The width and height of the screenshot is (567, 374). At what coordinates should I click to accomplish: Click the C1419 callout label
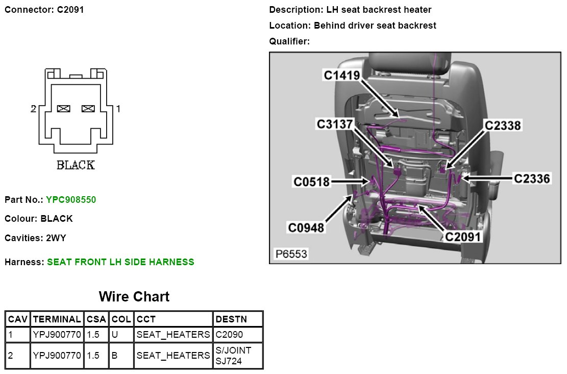click(342, 75)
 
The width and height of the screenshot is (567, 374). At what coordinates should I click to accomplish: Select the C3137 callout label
click(335, 124)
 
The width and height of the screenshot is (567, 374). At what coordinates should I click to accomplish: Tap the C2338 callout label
click(503, 125)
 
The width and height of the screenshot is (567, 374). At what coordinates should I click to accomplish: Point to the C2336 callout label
click(532, 178)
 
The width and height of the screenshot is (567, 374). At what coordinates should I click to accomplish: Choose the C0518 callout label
click(312, 181)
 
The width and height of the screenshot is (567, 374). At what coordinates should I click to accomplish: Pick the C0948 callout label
click(306, 227)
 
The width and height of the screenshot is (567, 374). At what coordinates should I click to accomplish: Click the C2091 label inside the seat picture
click(463, 237)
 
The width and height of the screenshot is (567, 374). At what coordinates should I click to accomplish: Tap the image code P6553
click(291, 253)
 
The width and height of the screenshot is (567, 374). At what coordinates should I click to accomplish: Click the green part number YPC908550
click(71, 199)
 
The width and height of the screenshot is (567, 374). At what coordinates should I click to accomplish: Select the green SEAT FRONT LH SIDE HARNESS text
click(120, 262)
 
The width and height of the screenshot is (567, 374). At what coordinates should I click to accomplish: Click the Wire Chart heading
click(134, 296)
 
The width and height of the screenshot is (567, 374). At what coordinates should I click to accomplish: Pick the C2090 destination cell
click(230, 335)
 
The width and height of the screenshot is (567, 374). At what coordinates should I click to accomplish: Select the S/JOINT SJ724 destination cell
click(234, 355)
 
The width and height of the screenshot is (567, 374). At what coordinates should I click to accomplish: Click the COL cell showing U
click(115, 335)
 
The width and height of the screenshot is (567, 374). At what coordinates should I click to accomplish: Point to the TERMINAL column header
click(57, 319)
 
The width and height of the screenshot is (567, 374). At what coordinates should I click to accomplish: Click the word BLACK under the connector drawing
click(76, 165)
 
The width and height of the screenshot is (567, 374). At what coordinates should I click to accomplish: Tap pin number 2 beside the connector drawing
click(33, 109)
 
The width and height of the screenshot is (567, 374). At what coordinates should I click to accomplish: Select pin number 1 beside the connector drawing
click(118, 109)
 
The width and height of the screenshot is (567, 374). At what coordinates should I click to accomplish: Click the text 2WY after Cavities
click(56, 238)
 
